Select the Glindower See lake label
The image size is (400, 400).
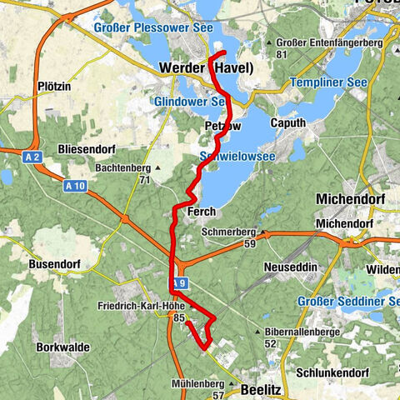(191, 102)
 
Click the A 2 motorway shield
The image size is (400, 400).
(32, 156)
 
